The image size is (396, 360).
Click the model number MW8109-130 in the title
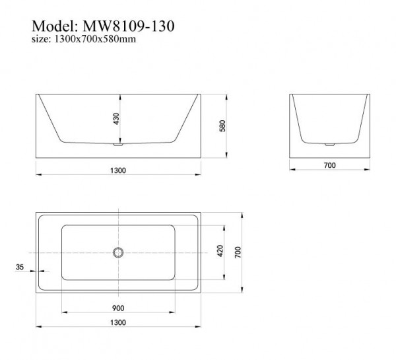coord(127,26)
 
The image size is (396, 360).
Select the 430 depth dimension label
coord(117,119)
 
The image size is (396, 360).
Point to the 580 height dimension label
coord(222,126)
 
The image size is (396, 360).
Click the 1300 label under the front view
coord(118,170)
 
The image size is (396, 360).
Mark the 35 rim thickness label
coord(19,267)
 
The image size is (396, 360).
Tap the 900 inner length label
coord(118,308)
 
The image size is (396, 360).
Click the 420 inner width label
coord(220,251)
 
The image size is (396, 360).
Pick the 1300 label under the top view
coord(118,322)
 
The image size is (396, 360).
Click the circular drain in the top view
coord(118,252)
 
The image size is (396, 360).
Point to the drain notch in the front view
coord(118,141)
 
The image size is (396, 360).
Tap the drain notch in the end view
coord(329,142)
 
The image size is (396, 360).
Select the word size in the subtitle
coord(40,40)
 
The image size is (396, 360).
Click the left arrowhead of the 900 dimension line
coord(63,312)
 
